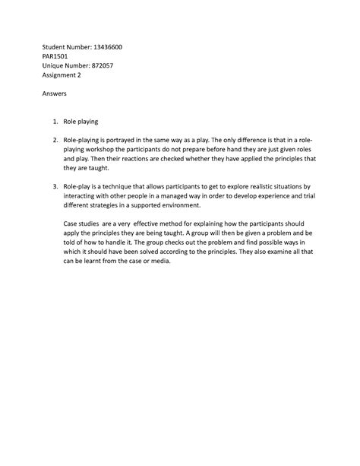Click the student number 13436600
pos(106,47)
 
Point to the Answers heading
pos(55,94)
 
